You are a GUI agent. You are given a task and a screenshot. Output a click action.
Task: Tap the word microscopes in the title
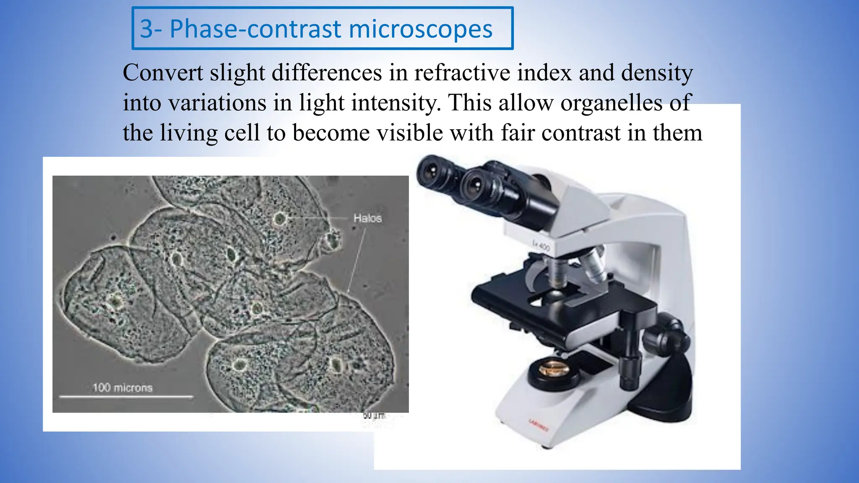tap(420, 29)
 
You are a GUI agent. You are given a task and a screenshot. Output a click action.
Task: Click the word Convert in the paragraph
tap(163, 73)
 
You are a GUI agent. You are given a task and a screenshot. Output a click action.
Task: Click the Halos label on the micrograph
tap(367, 218)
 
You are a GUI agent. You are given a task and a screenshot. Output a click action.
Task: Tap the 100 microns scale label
tap(122, 388)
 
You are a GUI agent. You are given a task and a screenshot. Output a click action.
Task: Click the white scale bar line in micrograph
tap(126, 396)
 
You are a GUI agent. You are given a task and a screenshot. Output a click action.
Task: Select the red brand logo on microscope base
tap(538, 425)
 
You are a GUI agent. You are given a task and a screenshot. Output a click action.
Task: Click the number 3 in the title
tap(146, 29)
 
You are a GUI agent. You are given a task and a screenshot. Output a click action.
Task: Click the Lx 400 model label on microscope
tap(541, 246)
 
